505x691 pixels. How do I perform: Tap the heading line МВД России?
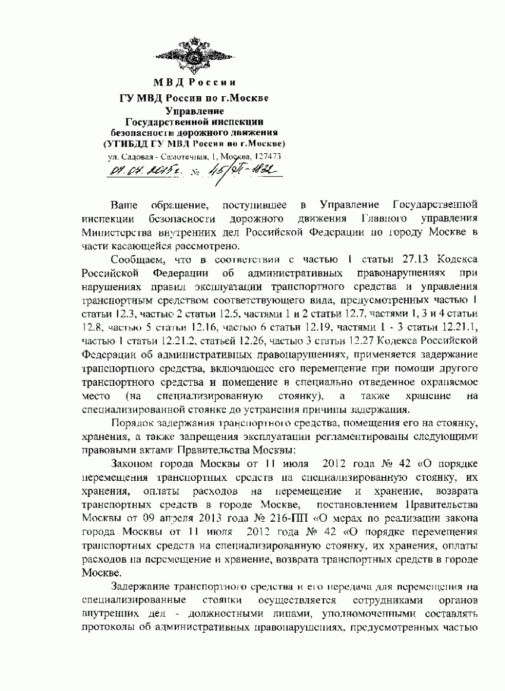pos(195,81)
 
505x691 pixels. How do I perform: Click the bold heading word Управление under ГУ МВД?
pos(195,110)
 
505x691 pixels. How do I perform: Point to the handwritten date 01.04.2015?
pos(136,173)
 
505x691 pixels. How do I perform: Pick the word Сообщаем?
pos(140,260)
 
